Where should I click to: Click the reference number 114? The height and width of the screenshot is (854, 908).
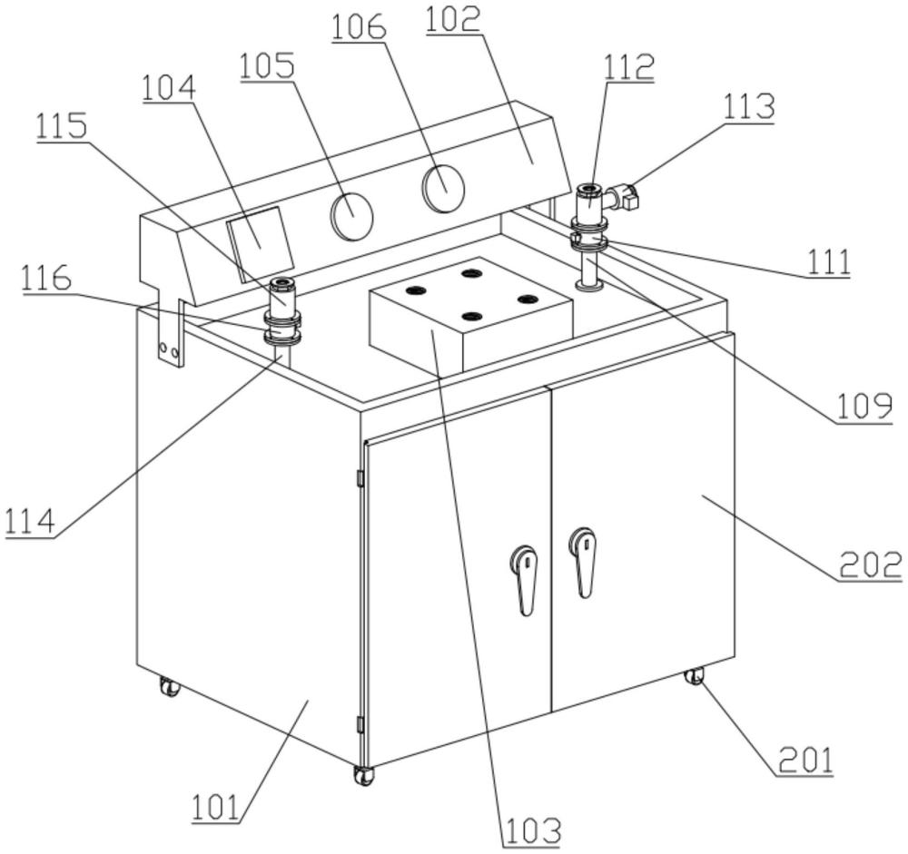point(30,521)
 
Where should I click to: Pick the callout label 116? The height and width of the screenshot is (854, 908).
point(46,278)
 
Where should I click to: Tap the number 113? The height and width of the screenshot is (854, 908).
point(749,105)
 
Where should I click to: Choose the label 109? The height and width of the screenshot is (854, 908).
point(863,406)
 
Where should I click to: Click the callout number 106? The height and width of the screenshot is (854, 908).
point(359,26)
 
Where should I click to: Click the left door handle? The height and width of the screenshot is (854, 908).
point(525,579)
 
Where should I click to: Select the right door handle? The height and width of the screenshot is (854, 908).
point(583,561)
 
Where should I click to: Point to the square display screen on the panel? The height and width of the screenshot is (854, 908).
point(260,244)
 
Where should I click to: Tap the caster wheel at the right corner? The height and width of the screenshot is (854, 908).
point(694,677)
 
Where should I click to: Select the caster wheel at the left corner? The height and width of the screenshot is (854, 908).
point(170,687)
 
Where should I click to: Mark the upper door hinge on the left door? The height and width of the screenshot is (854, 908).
point(359,478)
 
